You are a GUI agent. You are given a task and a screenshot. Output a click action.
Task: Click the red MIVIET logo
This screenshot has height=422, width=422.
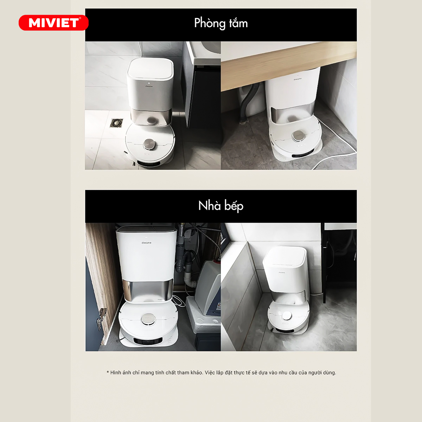pyautogui.click(x=54, y=23)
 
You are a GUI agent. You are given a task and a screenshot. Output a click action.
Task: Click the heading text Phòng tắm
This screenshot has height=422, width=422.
pyautogui.click(x=221, y=24)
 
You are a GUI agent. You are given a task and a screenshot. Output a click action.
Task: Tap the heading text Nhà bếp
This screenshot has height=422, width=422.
pyautogui.click(x=221, y=206)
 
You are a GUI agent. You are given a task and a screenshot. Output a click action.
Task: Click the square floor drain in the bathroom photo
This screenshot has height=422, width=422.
pyautogui.click(x=116, y=123)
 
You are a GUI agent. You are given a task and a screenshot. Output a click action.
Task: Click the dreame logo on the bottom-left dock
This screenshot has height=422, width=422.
pyautogui.click(x=146, y=243)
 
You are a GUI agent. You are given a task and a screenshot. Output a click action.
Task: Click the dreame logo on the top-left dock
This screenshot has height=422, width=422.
pyautogui.click(x=149, y=86)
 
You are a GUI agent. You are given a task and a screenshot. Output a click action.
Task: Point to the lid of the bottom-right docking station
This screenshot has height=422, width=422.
pyautogui.click(x=284, y=257)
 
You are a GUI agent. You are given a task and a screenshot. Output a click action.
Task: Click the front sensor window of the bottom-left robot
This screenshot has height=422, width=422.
pyautogui.click(x=148, y=341)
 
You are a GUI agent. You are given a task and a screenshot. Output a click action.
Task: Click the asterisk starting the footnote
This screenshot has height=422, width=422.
pyautogui.click(x=108, y=372)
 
